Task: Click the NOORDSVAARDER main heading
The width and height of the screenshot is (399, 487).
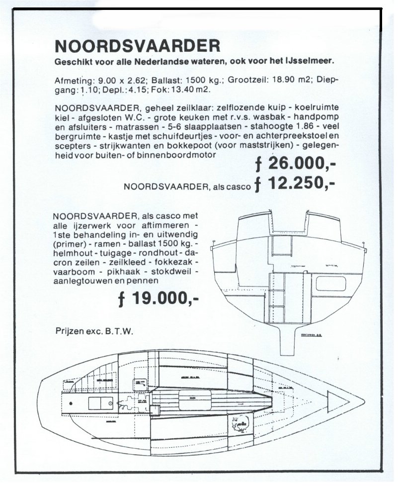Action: tap(138, 45)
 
